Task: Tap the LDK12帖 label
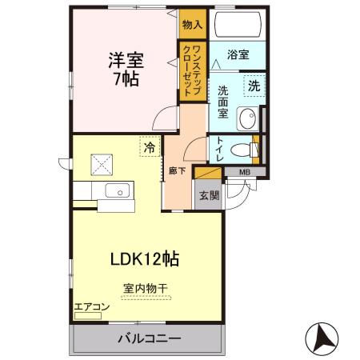point(143,258)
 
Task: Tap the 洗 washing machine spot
point(253,86)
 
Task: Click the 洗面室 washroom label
point(225,102)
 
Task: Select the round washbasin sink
point(251,115)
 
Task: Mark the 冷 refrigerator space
point(148,146)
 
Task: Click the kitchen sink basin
point(118,190)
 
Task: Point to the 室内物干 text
point(145,288)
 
